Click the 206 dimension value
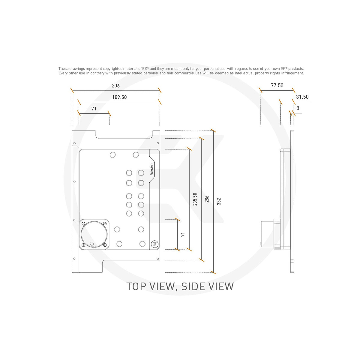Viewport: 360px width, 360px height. point(115,86)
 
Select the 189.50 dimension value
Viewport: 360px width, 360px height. point(119,97)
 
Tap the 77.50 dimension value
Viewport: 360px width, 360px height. point(277,85)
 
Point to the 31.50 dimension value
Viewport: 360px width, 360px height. point(302,97)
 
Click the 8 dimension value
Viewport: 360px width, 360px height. point(298,108)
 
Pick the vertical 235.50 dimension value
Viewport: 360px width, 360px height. point(195,199)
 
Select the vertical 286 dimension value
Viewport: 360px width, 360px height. point(207,199)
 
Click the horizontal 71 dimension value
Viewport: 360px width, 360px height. point(94,109)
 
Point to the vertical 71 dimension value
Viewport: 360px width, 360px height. point(183,234)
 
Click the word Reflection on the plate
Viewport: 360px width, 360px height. point(151,169)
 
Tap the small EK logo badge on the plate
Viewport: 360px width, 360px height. point(155,244)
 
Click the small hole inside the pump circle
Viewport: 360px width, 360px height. point(92,243)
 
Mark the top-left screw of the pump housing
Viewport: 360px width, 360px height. point(83,223)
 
